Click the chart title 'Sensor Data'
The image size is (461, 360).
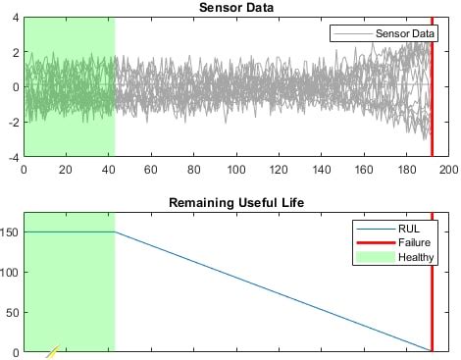(235, 7)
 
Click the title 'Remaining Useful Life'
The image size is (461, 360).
(235, 203)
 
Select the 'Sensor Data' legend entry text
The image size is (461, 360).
(405, 34)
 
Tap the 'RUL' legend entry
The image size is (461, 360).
(408, 229)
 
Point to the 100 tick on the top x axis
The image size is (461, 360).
(236, 168)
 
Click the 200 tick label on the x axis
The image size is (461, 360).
(448, 168)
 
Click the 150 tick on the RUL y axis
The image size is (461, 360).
(11, 232)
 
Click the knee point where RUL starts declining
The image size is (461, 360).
(115, 232)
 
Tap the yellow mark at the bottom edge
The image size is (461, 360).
(52, 352)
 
